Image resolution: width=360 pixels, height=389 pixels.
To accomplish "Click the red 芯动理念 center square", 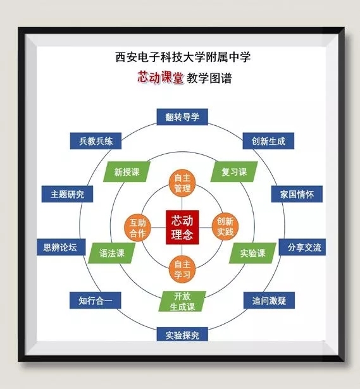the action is (x=182, y=227).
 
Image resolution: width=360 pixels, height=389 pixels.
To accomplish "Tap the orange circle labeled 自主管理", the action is (x=182, y=183).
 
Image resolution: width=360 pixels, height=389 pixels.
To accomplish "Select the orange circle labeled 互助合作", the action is (x=138, y=228).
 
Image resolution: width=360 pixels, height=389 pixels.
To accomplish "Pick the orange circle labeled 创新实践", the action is (x=225, y=226).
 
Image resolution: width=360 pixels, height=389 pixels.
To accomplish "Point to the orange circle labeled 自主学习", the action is (x=182, y=269).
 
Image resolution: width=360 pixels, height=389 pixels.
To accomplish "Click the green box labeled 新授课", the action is (x=127, y=172).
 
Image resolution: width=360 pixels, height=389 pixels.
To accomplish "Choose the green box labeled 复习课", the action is (x=234, y=171).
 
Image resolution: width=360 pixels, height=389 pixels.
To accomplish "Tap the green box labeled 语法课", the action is (x=112, y=253).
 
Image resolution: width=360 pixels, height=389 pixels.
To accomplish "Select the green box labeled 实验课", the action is (x=252, y=253).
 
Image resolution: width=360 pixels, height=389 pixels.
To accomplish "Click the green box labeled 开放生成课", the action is (x=182, y=301).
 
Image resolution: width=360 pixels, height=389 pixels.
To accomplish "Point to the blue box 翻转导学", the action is (x=182, y=117).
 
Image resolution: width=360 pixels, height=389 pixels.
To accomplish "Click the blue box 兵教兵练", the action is (x=96, y=141).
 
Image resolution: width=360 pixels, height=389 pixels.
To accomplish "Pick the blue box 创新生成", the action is (x=268, y=141).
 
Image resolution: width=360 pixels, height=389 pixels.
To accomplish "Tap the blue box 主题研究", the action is (x=67, y=194).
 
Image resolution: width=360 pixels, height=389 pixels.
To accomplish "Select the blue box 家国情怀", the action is (x=297, y=194).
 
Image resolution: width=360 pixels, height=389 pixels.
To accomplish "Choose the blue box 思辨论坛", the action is (x=61, y=247).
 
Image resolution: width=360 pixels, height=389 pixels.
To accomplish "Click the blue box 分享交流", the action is (x=302, y=247).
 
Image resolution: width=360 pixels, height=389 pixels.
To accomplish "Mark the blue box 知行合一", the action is (x=96, y=300).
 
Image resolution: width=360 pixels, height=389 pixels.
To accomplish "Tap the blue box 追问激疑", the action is (x=269, y=300).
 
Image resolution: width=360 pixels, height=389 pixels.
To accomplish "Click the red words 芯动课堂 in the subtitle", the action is (x=161, y=77).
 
